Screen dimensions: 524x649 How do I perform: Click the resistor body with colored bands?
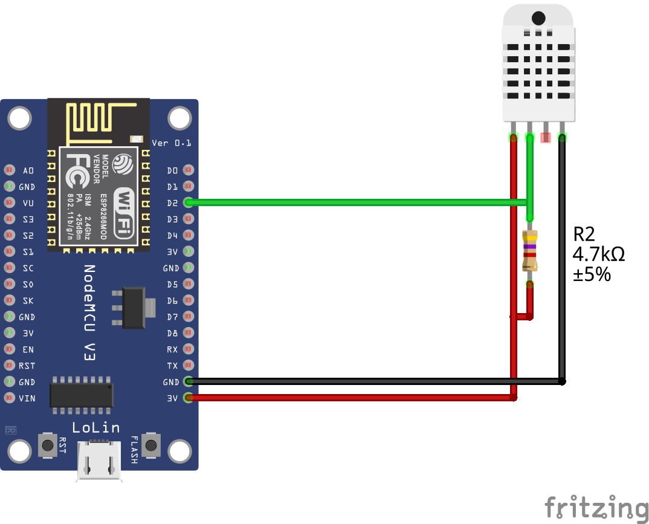(530, 251)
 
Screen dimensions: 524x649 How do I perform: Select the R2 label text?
(584, 234)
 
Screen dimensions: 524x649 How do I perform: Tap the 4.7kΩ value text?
(598, 254)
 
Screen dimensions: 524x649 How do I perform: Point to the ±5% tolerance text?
(592, 274)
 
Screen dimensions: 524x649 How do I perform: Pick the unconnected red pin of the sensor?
(546, 137)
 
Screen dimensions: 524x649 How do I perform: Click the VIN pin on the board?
(10, 398)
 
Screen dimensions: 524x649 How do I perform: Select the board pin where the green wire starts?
(188, 202)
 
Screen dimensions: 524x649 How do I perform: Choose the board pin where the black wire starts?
(188, 381)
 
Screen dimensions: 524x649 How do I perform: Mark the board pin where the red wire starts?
(188, 398)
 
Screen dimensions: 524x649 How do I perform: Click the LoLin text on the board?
(95, 428)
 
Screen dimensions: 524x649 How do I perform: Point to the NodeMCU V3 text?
(89, 312)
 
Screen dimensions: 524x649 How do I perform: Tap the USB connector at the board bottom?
(99, 462)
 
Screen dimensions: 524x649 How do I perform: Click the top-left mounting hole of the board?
(20, 118)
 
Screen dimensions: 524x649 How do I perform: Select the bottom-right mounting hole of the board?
(179, 451)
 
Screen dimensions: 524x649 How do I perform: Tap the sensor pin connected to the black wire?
(562, 137)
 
